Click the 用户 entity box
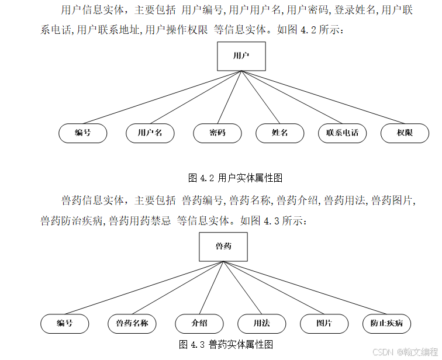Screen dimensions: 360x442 [x=241, y=56]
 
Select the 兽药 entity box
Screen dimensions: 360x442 [x=223, y=246]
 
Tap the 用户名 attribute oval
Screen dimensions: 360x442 [x=150, y=133]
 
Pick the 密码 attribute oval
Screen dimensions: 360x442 [x=217, y=133]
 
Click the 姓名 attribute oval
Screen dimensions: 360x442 [x=279, y=133]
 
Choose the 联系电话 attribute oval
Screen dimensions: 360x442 [x=342, y=133]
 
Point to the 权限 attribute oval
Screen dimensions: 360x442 [x=405, y=133]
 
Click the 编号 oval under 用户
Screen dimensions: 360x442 [x=82, y=133]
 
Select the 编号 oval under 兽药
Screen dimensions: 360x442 [x=64, y=323]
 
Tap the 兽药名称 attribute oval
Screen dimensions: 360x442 [x=132, y=323]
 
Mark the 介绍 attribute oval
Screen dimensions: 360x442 [x=199, y=323]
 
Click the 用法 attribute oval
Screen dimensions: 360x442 [x=261, y=323]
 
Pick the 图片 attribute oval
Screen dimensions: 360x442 [x=324, y=323]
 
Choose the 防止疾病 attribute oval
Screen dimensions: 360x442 [x=386, y=323]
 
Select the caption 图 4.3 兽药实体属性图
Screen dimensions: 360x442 [x=226, y=344]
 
